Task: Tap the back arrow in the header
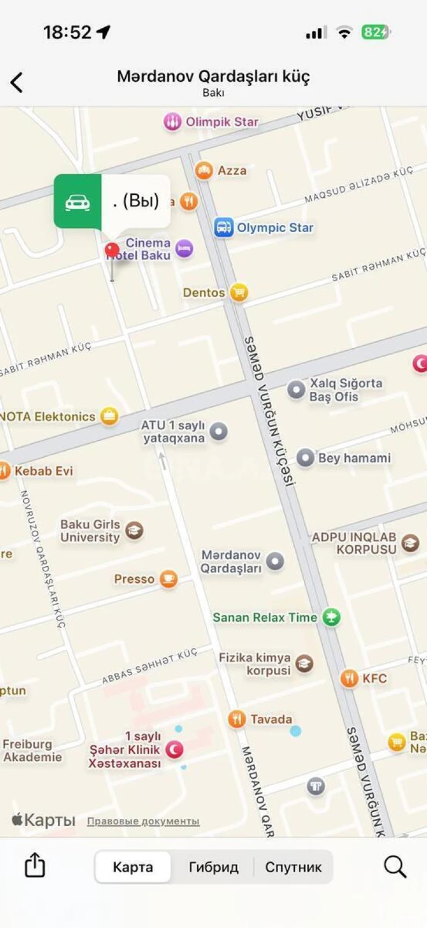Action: point(17,82)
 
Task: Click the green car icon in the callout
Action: point(78,201)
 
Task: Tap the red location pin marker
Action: point(112,251)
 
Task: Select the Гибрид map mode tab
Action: point(213,867)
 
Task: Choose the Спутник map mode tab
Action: point(293,867)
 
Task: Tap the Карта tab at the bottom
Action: point(133,867)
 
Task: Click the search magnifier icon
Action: point(395,867)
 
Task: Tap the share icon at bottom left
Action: point(35,865)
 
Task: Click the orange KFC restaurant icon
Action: point(349,678)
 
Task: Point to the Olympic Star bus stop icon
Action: point(223,227)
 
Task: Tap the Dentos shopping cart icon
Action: point(238,292)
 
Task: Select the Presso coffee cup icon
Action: point(168,579)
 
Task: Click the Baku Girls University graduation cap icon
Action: point(134,530)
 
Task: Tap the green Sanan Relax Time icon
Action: point(331,617)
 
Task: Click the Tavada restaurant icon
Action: point(236,719)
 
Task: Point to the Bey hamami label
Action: point(354,458)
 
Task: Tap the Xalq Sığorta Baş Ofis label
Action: point(345,390)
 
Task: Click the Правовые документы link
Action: point(143,821)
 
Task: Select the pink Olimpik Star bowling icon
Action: point(172,122)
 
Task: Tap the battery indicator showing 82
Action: point(375,32)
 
